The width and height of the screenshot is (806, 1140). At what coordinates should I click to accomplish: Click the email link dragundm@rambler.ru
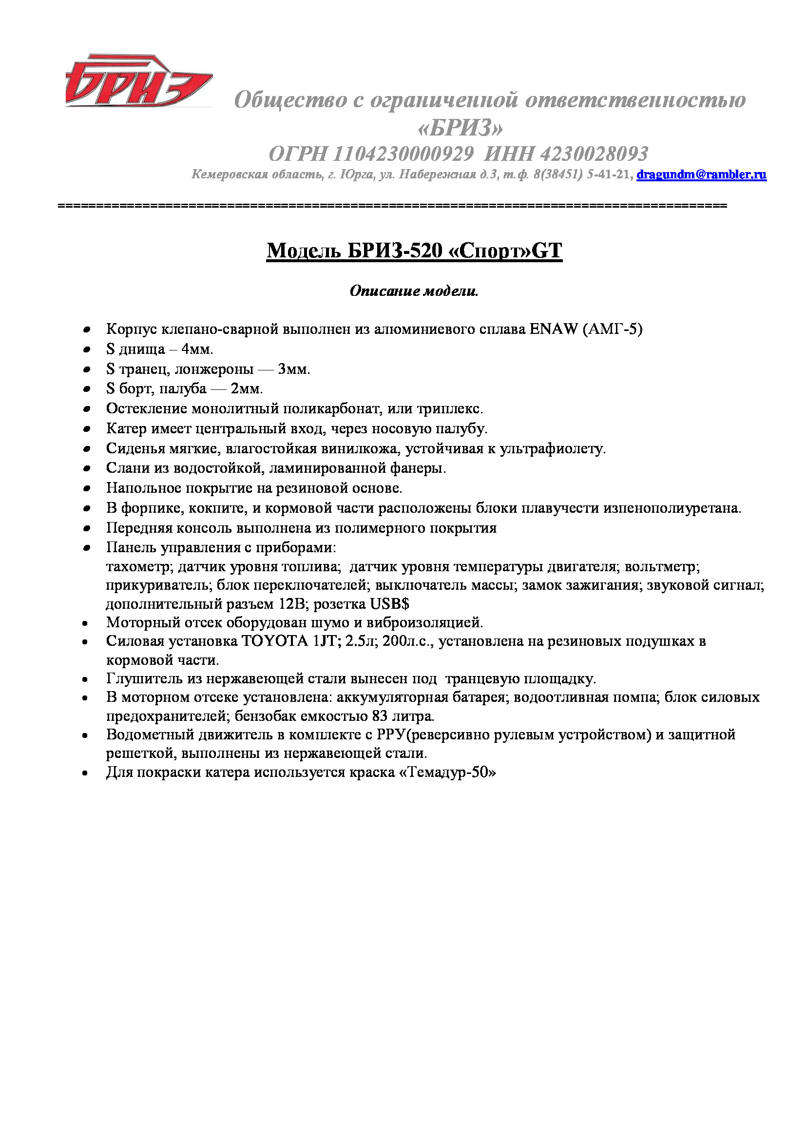click(701, 174)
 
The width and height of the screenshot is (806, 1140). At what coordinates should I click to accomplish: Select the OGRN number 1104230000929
click(403, 154)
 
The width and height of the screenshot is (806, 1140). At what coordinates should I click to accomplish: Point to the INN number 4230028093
click(593, 154)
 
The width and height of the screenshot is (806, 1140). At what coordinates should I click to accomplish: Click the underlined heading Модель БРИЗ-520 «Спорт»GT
click(414, 251)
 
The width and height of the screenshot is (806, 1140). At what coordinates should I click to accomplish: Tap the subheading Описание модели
click(414, 291)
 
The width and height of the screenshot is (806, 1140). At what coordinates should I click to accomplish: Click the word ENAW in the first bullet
click(554, 329)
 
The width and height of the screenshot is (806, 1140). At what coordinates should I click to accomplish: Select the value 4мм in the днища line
click(197, 349)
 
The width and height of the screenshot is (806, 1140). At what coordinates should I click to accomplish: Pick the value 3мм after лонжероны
click(293, 369)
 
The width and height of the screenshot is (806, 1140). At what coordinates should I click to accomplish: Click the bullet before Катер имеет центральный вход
click(87, 428)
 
